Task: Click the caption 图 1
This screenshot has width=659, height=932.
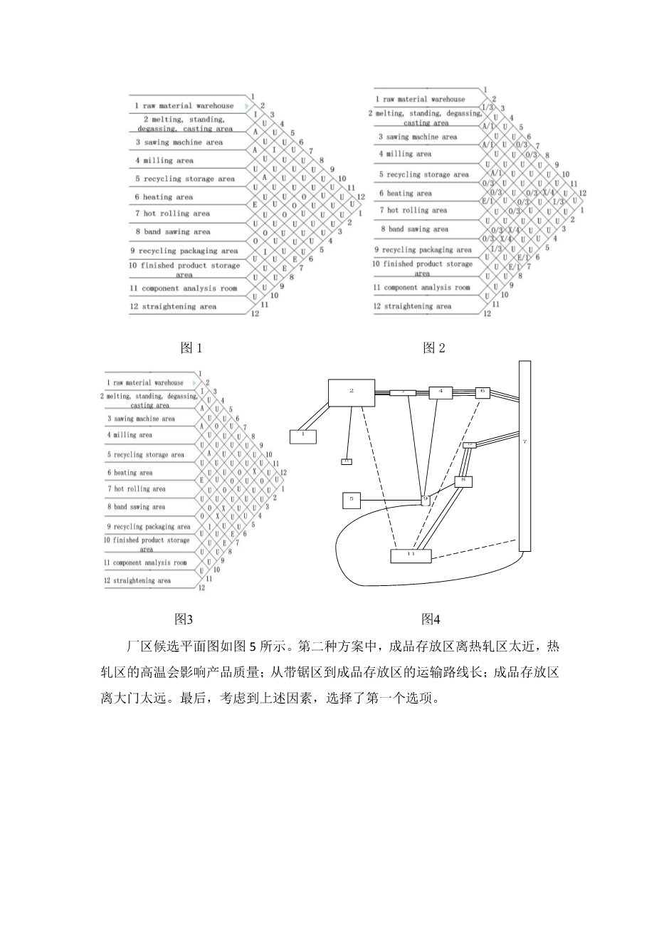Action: (x=191, y=348)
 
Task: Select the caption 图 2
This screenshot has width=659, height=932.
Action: (x=433, y=347)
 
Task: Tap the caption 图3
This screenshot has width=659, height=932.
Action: (x=184, y=618)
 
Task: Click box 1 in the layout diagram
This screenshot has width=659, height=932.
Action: (x=302, y=435)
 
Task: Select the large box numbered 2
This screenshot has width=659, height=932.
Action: (x=351, y=392)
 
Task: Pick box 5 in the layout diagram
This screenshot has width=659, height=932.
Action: (x=352, y=501)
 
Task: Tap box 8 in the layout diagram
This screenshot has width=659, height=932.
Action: (x=463, y=481)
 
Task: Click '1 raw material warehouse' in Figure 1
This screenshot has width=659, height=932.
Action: (x=184, y=106)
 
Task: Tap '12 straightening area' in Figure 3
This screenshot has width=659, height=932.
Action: (x=142, y=580)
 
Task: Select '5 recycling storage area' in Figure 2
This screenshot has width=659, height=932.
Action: (x=423, y=174)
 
